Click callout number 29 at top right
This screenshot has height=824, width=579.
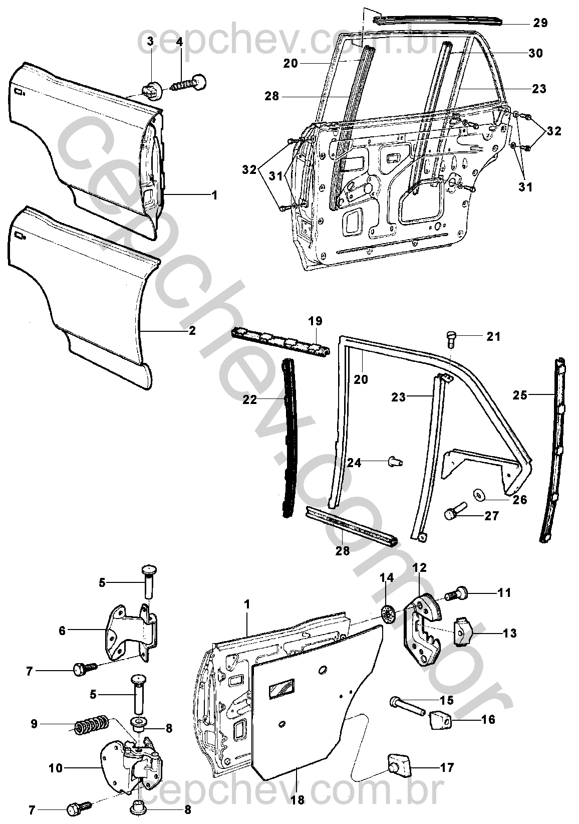540,23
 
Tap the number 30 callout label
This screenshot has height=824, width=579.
535,53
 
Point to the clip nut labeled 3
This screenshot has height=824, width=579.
152,91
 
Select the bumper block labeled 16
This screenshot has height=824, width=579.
440,718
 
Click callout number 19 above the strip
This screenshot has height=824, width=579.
316,321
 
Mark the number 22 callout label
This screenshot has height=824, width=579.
249,400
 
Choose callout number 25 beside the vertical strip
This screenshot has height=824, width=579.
520,396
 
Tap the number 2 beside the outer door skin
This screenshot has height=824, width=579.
192,331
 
